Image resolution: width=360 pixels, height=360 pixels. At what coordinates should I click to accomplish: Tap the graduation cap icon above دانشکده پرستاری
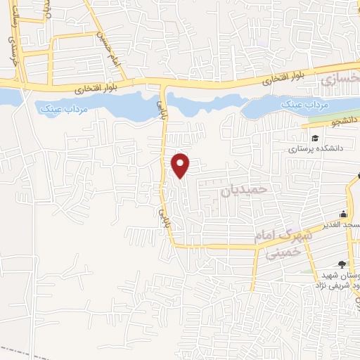point(316,137)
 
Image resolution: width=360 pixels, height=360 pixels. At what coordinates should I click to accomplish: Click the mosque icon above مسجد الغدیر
point(342,214)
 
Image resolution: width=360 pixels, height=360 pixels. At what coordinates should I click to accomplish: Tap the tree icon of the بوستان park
point(342,264)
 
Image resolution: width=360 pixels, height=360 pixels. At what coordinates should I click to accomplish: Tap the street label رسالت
point(12,32)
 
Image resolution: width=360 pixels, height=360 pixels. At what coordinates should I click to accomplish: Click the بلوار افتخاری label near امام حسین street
point(93,90)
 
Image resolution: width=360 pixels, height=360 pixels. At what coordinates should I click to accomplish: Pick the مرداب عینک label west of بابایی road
point(59,109)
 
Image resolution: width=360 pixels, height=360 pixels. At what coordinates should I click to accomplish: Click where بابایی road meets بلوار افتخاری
point(164,84)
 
